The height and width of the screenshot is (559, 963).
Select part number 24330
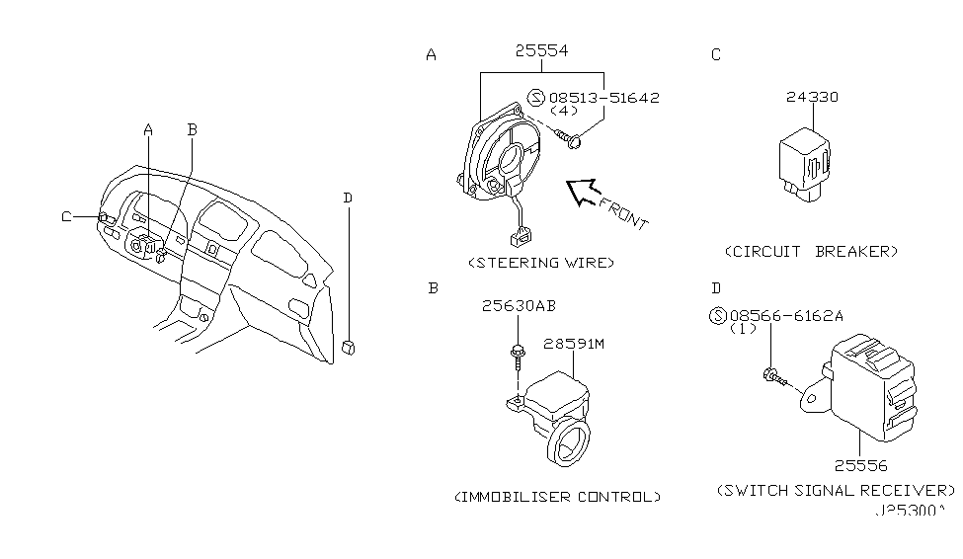(813, 97)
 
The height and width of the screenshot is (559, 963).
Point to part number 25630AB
(518, 306)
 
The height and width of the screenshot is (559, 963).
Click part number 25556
(859, 464)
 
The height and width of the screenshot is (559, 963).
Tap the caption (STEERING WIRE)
(541, 263)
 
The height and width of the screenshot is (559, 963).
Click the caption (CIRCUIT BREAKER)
(813, 251)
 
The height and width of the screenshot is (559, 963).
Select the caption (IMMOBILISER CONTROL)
(557, 496)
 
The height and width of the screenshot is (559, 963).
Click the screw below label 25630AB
(517, 358)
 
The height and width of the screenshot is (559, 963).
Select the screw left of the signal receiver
(774, 375)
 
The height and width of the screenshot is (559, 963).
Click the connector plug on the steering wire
(517, 237)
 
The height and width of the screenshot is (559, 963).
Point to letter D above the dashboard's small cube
(348, 198)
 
